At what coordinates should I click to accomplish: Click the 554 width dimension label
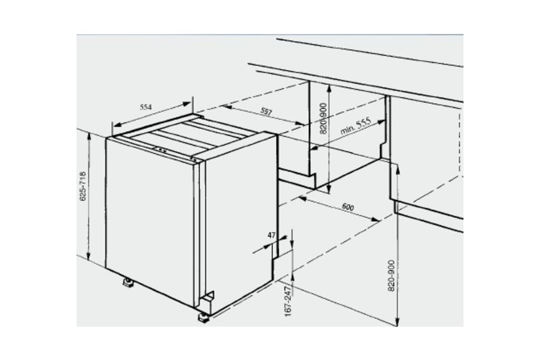145,107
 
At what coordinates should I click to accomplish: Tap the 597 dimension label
266,112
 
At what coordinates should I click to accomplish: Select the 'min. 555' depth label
355,126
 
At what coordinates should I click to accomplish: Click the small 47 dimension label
271,235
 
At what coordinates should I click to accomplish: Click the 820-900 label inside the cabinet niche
323,118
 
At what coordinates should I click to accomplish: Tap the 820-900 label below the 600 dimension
391,275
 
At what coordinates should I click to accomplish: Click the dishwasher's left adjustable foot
128,283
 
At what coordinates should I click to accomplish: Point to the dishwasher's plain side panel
238,216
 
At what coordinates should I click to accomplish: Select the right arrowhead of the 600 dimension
377,220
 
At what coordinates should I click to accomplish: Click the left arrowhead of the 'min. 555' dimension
314,148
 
